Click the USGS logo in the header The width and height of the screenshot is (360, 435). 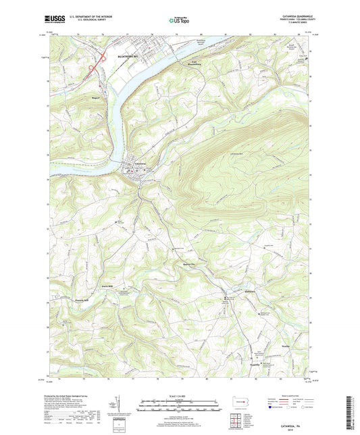coord(53,20)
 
